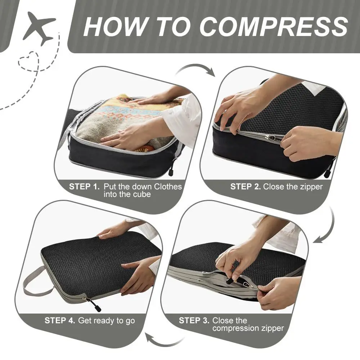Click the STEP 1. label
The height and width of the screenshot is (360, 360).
tap(84, 187)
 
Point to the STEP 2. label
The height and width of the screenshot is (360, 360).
tap(245, 186)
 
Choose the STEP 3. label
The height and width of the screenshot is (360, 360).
tap(194, 320)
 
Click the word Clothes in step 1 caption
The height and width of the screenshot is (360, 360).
tap(168, 187)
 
